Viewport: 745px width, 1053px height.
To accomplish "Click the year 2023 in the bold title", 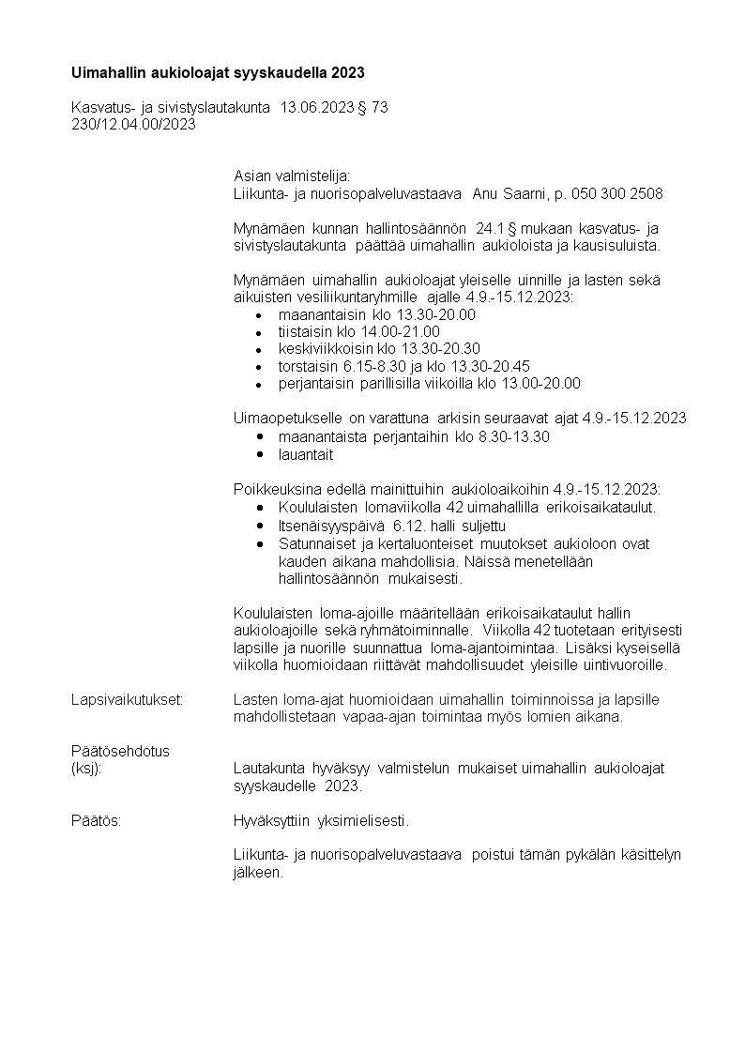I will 347,72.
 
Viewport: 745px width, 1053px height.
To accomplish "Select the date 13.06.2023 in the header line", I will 316,108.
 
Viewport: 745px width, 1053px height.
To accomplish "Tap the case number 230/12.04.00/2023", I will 133,125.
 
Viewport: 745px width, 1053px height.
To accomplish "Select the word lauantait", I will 306,454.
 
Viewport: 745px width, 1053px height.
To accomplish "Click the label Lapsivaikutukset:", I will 127,700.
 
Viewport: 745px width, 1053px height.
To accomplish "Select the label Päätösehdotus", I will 120,751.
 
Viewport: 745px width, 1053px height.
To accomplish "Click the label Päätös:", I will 97,820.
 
